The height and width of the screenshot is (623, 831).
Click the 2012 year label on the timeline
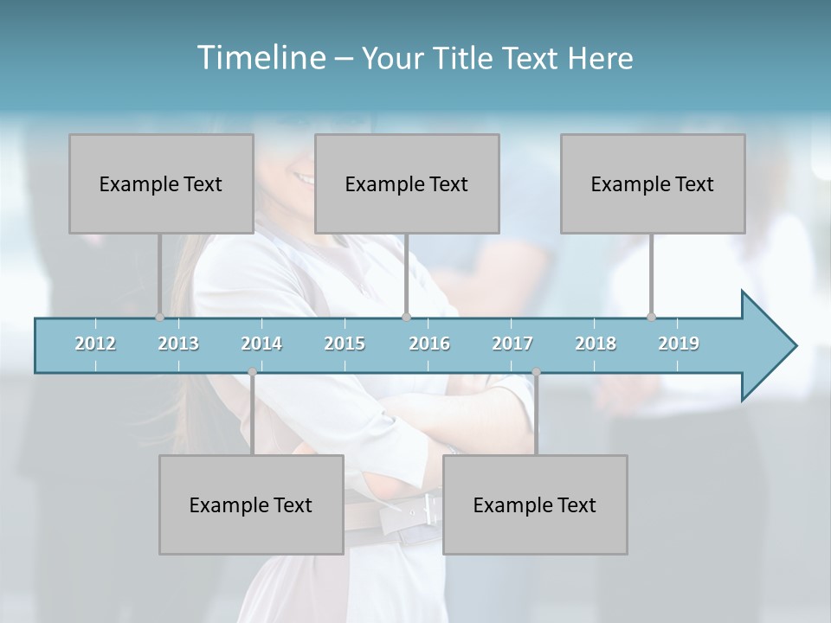click(x=95, y=344)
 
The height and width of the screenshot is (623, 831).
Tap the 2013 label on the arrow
click(x=178, y=344)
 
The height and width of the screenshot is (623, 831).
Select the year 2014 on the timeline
click(x=261, y=344)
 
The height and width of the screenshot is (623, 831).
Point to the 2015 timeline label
click(x=345, y=344)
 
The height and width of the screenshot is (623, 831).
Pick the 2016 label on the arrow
click(x=429, y=344)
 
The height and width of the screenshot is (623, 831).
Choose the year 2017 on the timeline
click(x=512, y=344)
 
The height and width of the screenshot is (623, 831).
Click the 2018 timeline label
click(x=596, y=344)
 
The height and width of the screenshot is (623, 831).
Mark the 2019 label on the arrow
click(x=679, y=344)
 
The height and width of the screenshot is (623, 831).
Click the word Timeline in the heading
click(x=261, y=57)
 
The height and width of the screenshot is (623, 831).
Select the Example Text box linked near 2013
click(x=161, y=183)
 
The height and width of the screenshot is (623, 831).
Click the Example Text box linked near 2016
click(x=407, y=183)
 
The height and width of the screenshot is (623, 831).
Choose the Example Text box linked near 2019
click(x=653, y=183)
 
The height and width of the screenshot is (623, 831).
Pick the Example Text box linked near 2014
click(x=251, y=504)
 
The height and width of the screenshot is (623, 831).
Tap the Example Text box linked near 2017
click(x=535, y=504)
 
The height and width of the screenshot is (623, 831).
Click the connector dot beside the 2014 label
click(x=252, y=372)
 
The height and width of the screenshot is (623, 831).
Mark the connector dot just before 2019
click(x=651, y=317)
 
